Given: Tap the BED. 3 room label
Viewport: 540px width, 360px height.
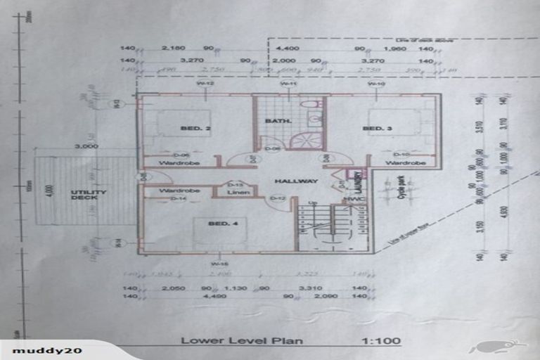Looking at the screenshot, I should coord(373,128).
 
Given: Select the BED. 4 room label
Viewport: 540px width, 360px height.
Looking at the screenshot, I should coord(219,224).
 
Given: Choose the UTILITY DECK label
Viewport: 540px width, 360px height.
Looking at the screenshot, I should coord(89,195).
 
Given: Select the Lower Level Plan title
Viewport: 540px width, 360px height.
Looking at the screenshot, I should coord(242,341).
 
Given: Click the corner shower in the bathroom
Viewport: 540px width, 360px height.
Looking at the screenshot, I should coord(307,139).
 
